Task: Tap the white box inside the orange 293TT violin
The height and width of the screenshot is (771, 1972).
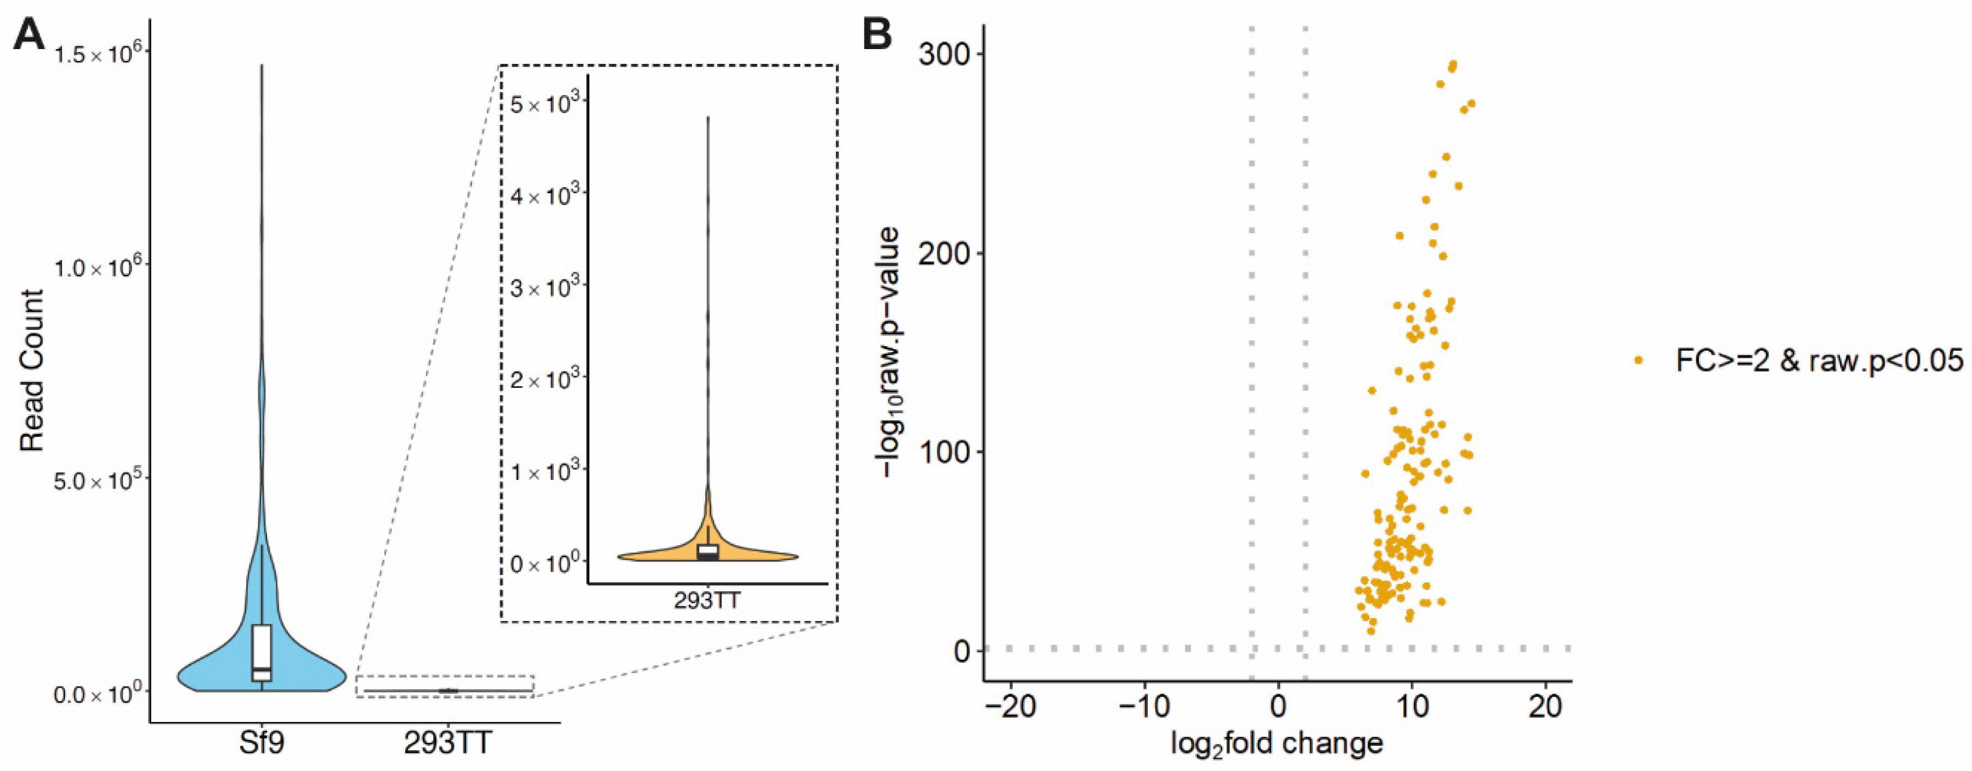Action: click(708, 551)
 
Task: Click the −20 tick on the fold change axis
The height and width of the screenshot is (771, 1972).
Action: click(1011, 706)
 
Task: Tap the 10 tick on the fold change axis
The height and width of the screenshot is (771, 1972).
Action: click(1412, 706)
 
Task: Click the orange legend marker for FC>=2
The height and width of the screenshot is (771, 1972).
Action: click(1638, 360)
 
